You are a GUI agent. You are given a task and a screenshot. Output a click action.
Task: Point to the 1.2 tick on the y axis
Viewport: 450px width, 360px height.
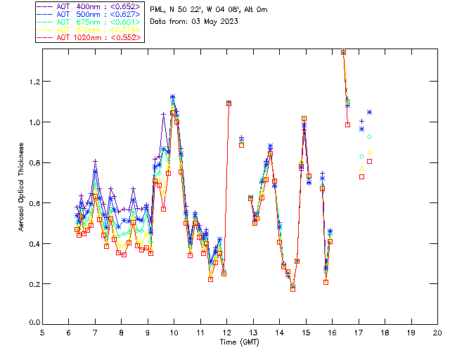click(x=34, y=82)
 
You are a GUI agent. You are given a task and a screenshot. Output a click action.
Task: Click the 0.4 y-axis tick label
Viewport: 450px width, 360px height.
click(x=34, y=244)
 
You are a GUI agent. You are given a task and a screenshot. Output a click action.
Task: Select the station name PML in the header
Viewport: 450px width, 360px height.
click(x=158, y=8)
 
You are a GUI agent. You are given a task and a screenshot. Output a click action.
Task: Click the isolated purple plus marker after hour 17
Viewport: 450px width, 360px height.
click(x=362, y=122)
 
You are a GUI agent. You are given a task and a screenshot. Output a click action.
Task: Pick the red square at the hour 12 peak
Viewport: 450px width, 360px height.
click(x=229, y=103)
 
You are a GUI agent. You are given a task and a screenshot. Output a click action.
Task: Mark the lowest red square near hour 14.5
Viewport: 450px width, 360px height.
click(x=292, y=288)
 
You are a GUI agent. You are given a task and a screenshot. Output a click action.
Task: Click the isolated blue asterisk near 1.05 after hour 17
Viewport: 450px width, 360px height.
click(x=369, y=112)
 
